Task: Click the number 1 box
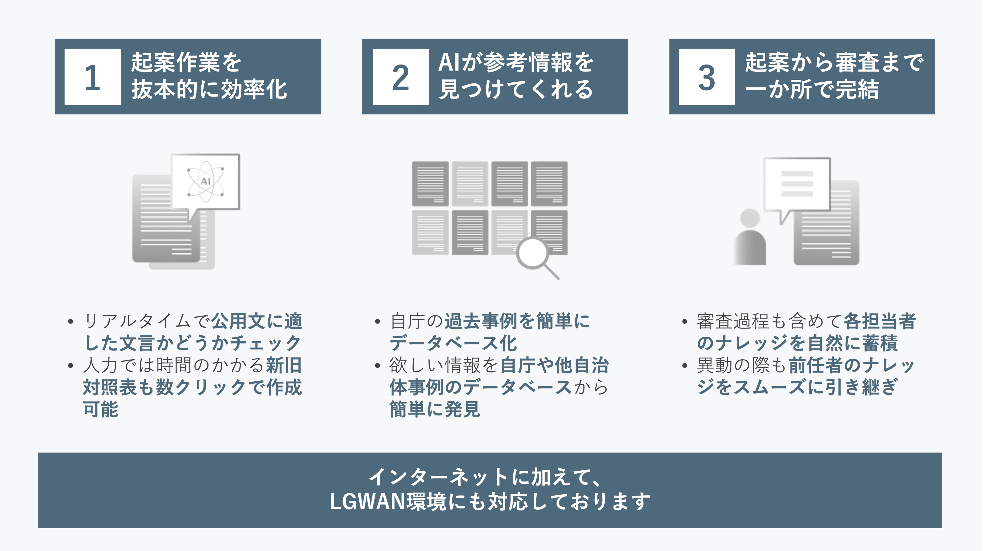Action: click(92, 77)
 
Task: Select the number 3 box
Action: click(706, 77)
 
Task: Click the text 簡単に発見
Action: click(435, 409)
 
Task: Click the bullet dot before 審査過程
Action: click(685, 322)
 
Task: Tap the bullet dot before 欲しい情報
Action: click(377, 366)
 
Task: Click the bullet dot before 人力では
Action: click(70, 366)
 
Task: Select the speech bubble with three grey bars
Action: click(797, 184)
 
